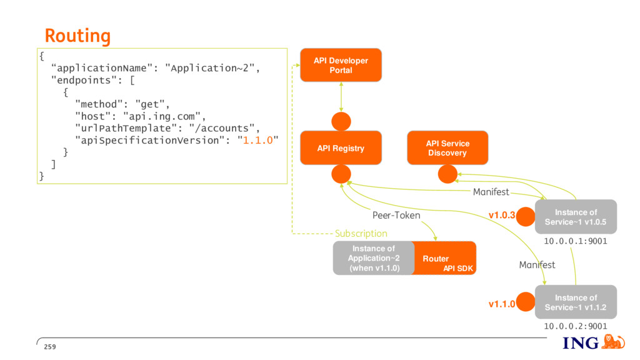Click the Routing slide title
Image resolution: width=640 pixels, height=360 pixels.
(x=77, y=36)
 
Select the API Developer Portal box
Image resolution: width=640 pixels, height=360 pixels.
(x=341, y=65)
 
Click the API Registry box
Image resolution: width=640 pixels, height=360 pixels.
(x=341, y=147)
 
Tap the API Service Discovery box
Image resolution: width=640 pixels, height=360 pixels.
(x=447, y=147)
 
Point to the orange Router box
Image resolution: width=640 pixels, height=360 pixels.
(x=445, y=258)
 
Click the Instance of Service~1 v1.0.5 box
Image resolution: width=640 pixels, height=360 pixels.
(x=576, y=217)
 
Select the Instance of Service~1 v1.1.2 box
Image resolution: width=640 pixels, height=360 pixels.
(x=576, y=302)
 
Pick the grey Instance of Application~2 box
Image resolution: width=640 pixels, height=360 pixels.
(x=374, y=258)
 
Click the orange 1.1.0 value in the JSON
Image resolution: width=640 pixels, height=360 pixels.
(x=258, y=141)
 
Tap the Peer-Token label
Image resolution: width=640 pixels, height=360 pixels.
(x=396, y=215)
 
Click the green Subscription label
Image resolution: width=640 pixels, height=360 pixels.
(x=361, y=234)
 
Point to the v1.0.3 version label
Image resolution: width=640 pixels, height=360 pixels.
(x=502, y=215)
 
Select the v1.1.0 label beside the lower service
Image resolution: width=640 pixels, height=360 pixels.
(x=502, y=304)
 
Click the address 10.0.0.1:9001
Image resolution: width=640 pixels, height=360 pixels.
(x=576, y=241)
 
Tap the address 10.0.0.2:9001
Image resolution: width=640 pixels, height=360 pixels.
(x=576, y=326)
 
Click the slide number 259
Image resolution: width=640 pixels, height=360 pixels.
(x=50, y=347)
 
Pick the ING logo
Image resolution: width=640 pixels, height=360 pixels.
(x=594, y=342)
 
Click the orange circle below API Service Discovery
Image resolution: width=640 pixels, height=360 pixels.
(x=447, y=174)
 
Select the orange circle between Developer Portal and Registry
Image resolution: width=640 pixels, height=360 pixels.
(x=341, y=122)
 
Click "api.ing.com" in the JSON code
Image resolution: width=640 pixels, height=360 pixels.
(x=162, y=116)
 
